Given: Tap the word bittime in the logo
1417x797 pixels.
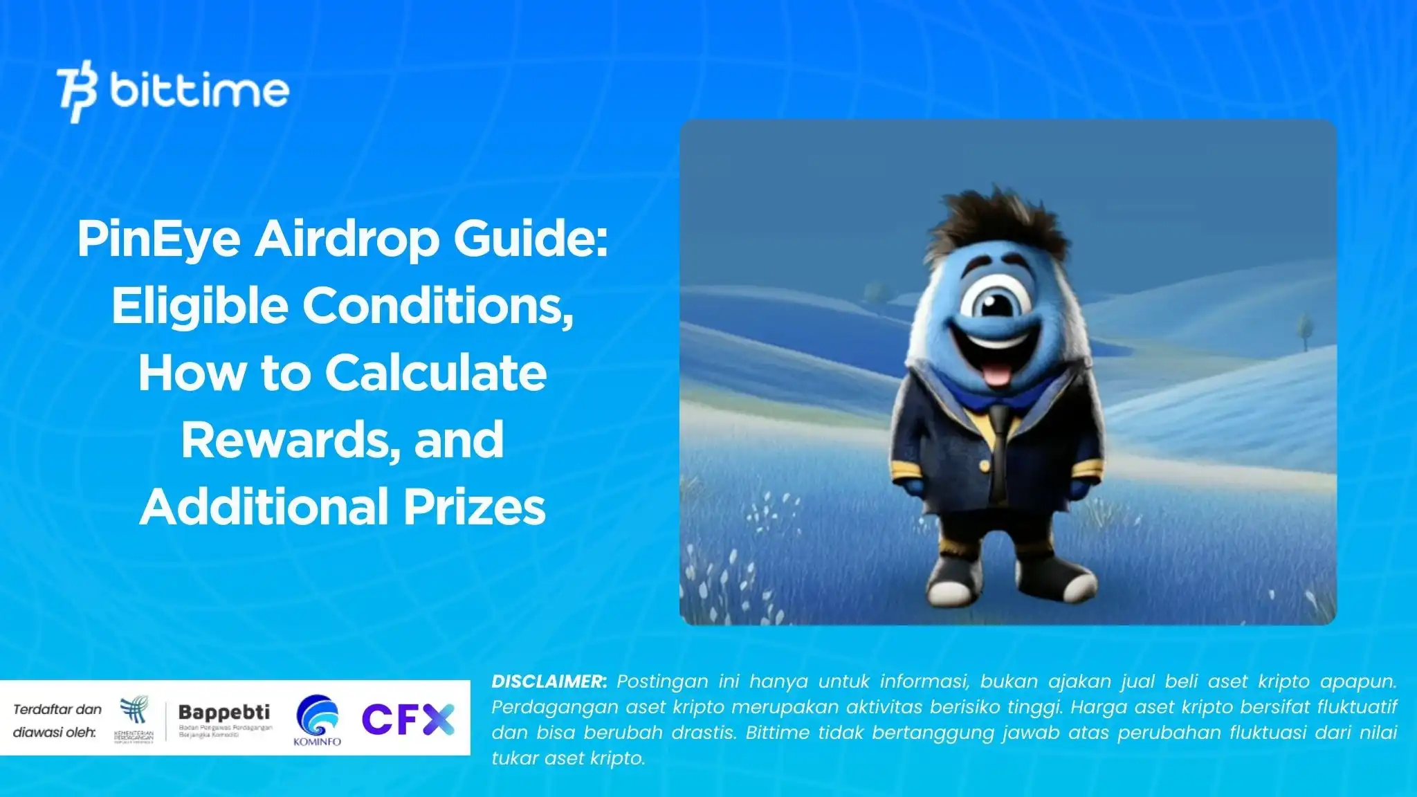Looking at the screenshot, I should (x=199, y=91).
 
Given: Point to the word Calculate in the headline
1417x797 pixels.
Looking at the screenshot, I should (x=436, y=373).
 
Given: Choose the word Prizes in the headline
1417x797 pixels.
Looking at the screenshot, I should (x=474, y=506).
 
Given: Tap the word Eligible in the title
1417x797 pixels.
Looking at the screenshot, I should (x=199, y=306).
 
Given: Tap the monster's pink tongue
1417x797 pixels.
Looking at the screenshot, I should (x=996, y=374).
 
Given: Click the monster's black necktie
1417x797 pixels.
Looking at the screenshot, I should (x=998, y=450).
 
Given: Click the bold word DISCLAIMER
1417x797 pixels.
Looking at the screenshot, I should (x=549, y=681).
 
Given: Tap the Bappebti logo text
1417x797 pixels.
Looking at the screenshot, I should (x=224, y=712).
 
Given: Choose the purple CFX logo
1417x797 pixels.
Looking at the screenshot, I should (x=408, y=720).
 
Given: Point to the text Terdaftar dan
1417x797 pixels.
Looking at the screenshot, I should (x=57, y=709).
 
